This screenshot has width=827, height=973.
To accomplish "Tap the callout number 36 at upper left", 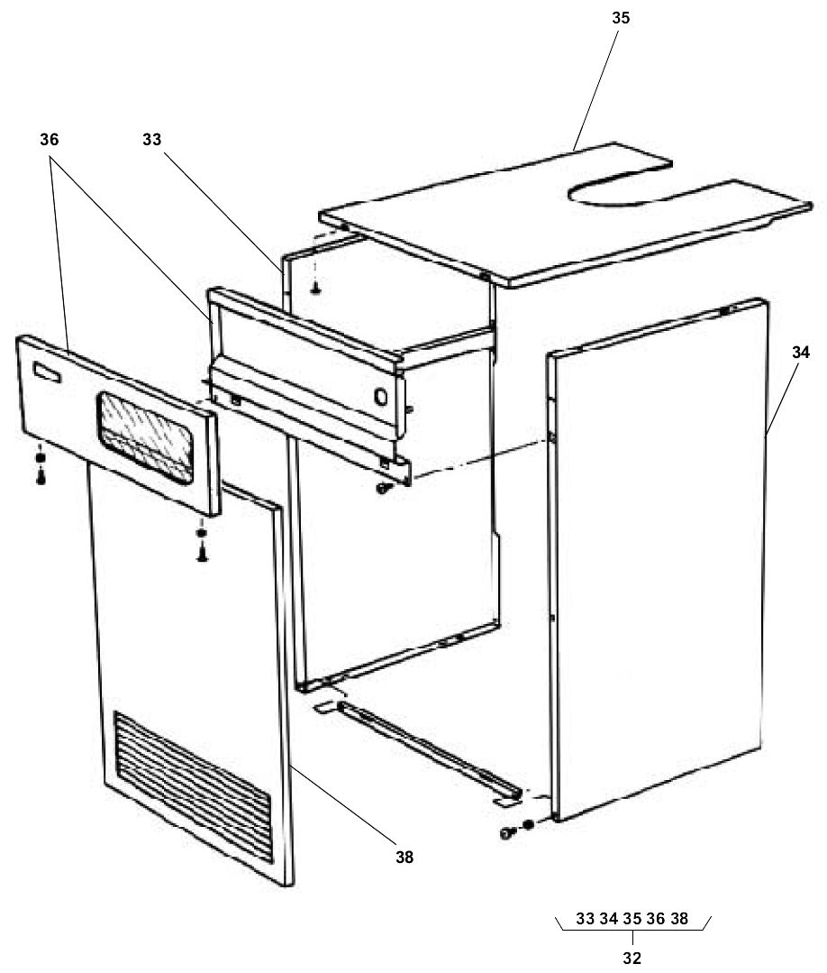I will point(50,140).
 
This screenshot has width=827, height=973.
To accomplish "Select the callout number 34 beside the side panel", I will point(801,353).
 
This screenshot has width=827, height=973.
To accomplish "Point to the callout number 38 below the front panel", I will point(404,857).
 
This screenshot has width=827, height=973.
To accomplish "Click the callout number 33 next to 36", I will point(153,140).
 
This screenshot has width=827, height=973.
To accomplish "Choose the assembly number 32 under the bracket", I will point(632,959).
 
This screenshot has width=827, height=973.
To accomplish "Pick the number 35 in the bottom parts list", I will point(632,919).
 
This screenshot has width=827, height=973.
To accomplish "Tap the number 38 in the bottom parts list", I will point(679,919).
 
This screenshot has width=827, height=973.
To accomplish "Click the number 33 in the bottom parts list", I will point(586,919).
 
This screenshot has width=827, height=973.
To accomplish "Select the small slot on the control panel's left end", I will point(44,369).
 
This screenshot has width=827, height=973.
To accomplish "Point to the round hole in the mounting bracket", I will point(379,396).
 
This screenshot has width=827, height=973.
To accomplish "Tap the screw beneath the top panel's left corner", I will point(315,289).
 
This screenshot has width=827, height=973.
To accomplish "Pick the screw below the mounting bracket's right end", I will point(383,488).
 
